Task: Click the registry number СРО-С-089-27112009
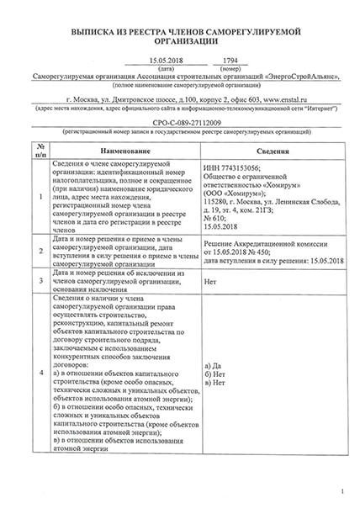(x=180, y=123)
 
